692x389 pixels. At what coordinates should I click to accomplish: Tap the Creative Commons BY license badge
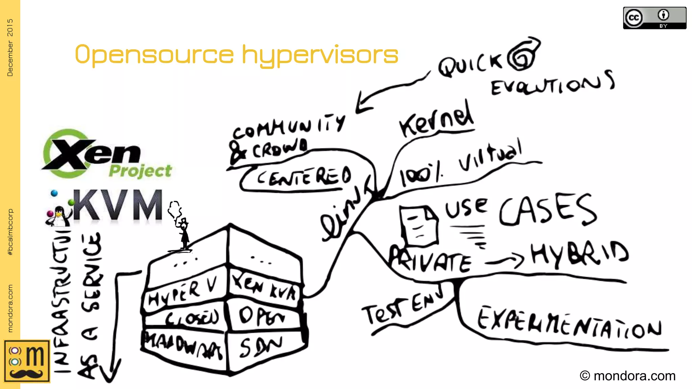pos(654,18)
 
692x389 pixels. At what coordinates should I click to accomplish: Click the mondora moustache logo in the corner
pos(27,361)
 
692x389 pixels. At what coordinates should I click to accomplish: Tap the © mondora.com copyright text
pos(627,375)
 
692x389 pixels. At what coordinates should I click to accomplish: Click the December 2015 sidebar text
pos(10,47)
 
